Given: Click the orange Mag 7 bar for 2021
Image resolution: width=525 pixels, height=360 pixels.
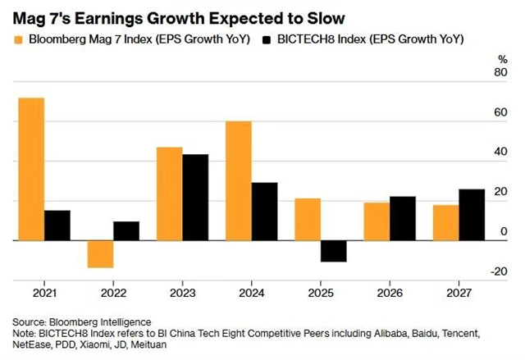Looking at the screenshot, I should (x=31, y=169).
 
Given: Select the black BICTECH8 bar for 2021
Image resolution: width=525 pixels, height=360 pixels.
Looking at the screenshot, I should (x=57, y=226).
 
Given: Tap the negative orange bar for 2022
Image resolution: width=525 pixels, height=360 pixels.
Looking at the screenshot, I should (x=100, y=254).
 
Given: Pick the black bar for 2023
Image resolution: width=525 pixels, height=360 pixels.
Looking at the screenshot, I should (x=195, y=198).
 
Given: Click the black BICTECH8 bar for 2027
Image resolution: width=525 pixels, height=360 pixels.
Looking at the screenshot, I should (x=472, y=215).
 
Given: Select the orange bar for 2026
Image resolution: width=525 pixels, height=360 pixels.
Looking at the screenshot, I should (x=377, y=221).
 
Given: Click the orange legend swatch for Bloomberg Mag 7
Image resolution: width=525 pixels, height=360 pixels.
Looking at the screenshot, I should (x=18, y=39).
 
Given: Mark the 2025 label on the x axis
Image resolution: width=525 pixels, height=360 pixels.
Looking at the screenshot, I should (x=321, y=292).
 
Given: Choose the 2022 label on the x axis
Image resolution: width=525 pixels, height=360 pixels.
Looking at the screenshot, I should (x=113, y=292).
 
